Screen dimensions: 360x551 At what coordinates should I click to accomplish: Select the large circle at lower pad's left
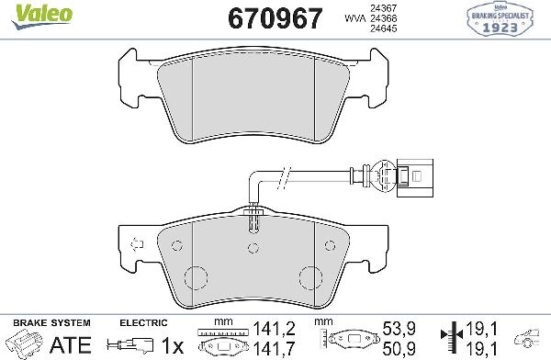pos(196,277)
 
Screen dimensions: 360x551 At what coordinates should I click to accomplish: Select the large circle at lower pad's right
pos(311,277)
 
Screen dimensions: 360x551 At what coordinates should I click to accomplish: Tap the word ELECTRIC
pos(143,323)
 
